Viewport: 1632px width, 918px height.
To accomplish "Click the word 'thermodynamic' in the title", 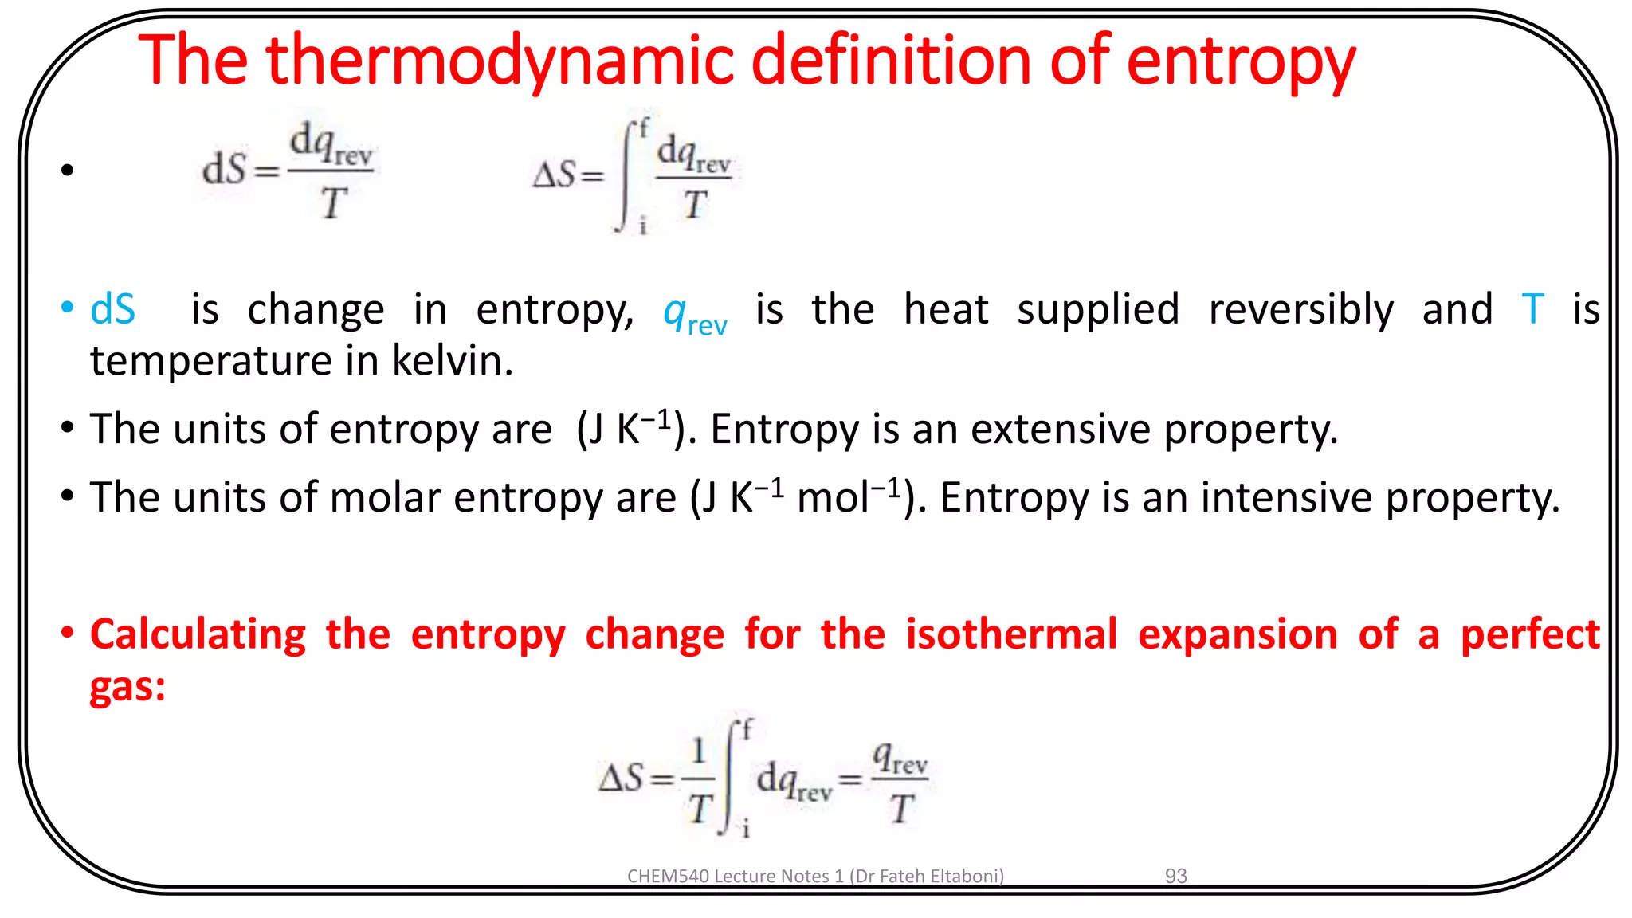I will point(499,61).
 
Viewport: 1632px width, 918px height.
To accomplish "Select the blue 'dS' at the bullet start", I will point(113,309).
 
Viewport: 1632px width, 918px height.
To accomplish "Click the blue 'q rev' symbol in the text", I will point(695,314).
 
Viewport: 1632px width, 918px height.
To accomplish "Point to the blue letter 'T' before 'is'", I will point(1532,309).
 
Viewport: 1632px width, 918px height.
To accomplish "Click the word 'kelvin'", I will point(452,361).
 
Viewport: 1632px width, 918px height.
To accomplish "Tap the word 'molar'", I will point(385,498).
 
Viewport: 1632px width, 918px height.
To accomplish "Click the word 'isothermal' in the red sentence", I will point(1011,634).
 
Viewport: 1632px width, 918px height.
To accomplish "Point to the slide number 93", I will point(1175,876).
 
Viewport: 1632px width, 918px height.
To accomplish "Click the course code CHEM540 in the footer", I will point(667,876).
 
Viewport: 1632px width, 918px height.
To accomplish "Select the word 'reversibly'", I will point(1300,309).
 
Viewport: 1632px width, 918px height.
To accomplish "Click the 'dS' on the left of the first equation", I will point(224,170).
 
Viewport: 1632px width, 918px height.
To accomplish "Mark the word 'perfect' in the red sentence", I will point(1530,634).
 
